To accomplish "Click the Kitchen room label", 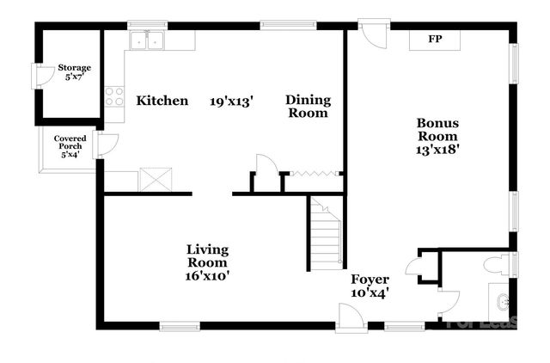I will pos(162,102).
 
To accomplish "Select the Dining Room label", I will pos(307,107).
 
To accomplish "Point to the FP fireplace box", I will pos(435,40).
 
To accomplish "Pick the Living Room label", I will pos(208,255).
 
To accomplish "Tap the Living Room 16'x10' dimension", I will pos(208,276).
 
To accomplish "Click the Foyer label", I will pos(370,280).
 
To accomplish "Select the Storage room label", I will pos(74,68).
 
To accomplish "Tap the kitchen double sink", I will pos(147,40).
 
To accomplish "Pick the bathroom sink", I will pos(502,302).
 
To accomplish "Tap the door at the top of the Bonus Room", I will pos(375,34).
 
